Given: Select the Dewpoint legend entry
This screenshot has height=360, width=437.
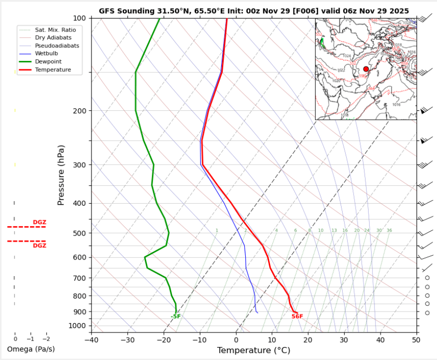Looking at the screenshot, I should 46,61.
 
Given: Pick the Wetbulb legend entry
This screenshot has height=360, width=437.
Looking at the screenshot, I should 45,53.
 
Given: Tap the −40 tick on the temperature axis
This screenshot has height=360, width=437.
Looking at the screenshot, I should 91,340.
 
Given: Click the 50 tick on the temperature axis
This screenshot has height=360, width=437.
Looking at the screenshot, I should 416,340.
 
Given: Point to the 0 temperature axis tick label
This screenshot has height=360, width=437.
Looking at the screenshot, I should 236,340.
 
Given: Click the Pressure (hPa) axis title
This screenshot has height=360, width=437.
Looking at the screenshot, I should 61,175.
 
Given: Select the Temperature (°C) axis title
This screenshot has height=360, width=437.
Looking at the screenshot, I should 253,351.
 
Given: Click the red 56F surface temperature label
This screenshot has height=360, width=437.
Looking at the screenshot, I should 297,317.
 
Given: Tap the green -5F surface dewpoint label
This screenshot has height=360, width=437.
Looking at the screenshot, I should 175,317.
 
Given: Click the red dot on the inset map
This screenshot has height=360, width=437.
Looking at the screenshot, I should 366,69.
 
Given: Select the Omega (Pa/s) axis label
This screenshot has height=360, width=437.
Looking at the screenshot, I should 31,349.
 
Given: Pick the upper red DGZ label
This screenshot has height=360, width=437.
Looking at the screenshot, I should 39,222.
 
